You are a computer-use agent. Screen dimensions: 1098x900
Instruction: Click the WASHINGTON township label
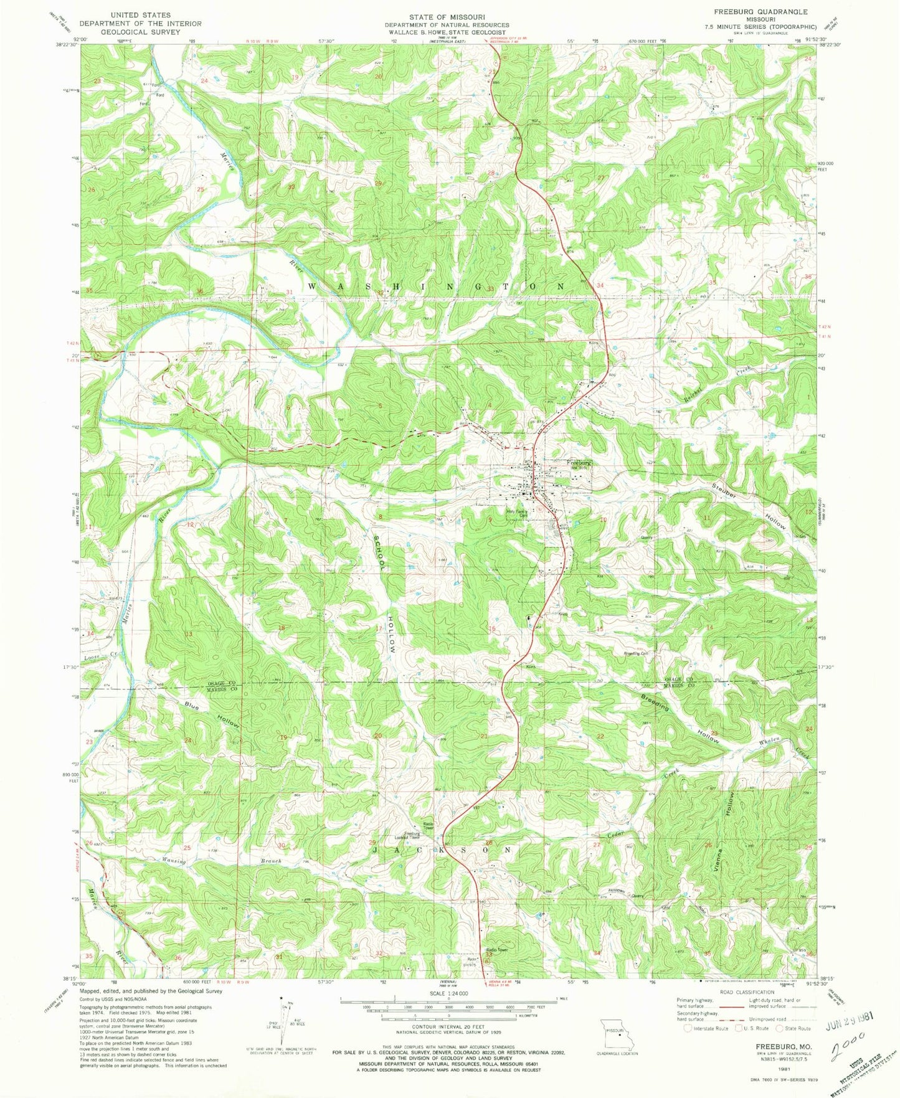pyautogui.click(x=436, y=286)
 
